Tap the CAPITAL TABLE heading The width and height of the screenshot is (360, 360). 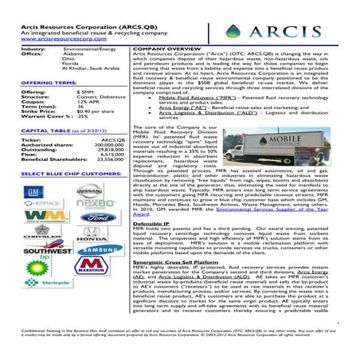pyautogui.click(x=39, y=130)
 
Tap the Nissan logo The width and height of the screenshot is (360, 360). pyautogui.click(x=88, y=192)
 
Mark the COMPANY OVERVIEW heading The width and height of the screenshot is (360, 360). pyautogui.click(x=167, y=49)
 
